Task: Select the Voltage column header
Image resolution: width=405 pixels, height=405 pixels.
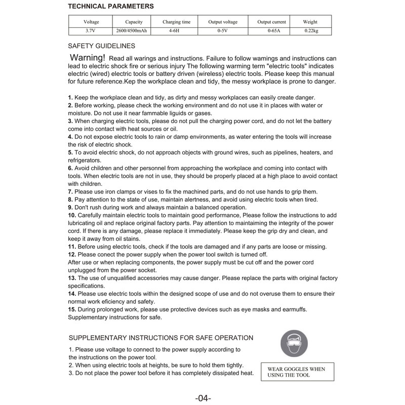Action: pos(91,22)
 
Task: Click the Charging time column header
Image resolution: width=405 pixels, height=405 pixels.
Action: pos(176,22)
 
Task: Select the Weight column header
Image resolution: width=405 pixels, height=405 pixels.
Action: pos(310,22)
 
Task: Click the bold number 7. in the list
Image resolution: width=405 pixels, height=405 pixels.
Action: pos(70,191)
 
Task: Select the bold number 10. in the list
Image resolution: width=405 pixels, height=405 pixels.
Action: pos(72,215)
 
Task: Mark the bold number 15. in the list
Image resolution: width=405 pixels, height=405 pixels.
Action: pos(72,309)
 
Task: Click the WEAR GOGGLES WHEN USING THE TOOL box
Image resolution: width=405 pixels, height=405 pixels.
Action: pos(293,372)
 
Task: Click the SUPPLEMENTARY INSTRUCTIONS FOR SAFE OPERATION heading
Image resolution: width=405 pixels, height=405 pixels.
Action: pos(160,338)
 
